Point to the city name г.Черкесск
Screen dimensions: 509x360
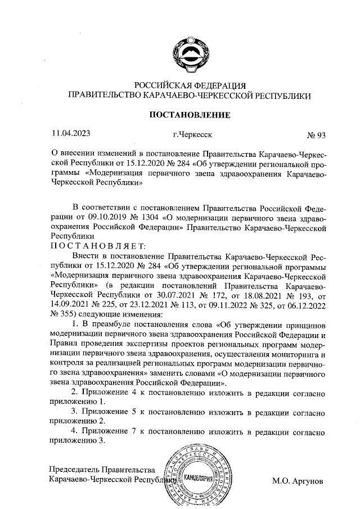click(x=192, y=135)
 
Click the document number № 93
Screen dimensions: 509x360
click(x=316, y=135)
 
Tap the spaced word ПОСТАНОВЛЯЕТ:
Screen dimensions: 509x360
click(x=99, y=245)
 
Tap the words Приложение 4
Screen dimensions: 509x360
click(x=107, y=391)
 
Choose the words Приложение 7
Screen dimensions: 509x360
click(x=107, y=432)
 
